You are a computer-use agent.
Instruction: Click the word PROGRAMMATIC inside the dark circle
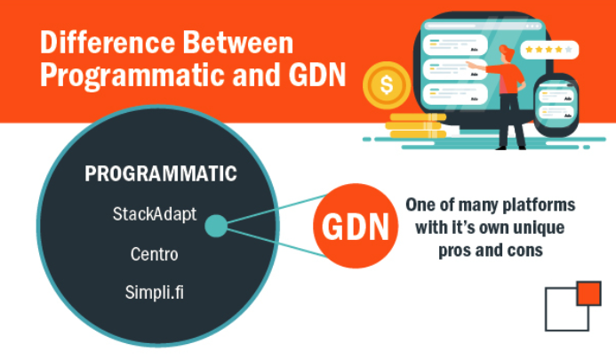161,173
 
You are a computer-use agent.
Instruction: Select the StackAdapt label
155,214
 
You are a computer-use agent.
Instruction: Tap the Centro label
155,254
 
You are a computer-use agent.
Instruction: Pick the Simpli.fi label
155,292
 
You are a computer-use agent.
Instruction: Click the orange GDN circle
356,226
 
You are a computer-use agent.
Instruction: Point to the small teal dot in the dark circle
216,226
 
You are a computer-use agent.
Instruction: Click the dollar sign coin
387,85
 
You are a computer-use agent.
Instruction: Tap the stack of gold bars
416,125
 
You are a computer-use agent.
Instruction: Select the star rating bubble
549,50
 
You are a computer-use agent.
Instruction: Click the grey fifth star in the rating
569,50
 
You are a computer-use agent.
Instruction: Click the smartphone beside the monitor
556,104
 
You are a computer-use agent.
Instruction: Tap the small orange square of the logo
589,293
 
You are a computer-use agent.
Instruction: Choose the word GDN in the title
317,74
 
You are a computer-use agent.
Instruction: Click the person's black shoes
511,148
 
